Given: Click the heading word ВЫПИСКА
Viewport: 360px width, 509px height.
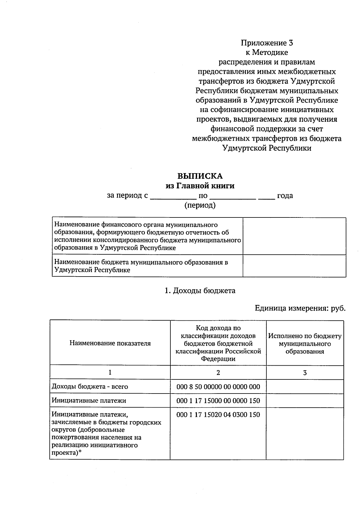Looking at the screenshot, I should pos(200,176).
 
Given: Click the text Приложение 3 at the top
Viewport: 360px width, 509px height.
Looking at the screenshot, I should pos(267,43).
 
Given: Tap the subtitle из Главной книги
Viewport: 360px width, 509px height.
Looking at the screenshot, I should pos(200,186).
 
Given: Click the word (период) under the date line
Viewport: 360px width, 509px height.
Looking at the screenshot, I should pos(200,205).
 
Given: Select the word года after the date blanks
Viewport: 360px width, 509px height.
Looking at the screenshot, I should pos(285,196).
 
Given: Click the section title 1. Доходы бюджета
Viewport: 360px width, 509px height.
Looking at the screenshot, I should pos(200,291).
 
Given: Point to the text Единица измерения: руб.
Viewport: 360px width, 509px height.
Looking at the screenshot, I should pos(300,308).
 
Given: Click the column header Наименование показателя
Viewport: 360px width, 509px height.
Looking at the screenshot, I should pos(110,343).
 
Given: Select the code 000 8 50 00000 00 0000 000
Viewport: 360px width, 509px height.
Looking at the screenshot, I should pos(218,387).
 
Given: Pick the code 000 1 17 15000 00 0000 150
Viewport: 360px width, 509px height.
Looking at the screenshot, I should pos(218,400).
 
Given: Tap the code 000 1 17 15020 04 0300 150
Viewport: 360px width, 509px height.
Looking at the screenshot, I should pos(218,415).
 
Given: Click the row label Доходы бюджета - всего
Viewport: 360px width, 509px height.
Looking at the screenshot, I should pos(90,387).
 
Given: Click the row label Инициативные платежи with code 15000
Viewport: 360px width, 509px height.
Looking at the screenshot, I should pos(89,400).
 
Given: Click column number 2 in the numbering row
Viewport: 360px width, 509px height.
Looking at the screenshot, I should pos(218,373).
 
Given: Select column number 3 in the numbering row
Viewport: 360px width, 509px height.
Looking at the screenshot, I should pos(305,373).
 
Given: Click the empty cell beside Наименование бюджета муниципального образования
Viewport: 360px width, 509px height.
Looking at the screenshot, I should pos(294,266).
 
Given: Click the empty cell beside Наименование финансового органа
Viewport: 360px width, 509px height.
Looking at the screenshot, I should pos(294,236).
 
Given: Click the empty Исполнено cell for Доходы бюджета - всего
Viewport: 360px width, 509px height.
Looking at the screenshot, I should pos(305,387).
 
